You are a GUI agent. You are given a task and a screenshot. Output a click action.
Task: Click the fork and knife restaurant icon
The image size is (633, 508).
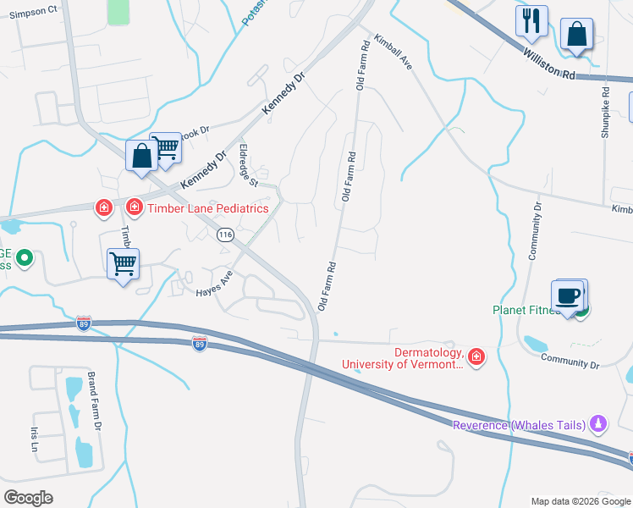tap(531, 20)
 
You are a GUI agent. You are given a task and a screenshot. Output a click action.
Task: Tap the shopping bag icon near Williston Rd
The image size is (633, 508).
tap(576, 35)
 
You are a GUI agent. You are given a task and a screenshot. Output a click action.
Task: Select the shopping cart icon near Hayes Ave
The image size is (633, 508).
tap(124, 264)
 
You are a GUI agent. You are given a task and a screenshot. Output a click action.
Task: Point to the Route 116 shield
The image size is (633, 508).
tap(225, 235)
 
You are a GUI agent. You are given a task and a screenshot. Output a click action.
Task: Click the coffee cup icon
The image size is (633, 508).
tap(567, 295)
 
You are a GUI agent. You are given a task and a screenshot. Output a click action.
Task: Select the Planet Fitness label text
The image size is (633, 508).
tap(525, 310)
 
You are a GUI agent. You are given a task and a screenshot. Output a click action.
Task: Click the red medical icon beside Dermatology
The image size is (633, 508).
tap(476, 358)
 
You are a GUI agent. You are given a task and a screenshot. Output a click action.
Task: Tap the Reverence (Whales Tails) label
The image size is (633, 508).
tap(520, 425)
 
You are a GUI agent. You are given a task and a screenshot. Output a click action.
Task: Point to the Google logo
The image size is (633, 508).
tap(28, 498)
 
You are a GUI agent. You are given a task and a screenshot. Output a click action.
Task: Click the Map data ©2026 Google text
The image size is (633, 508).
tap(580, 501)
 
